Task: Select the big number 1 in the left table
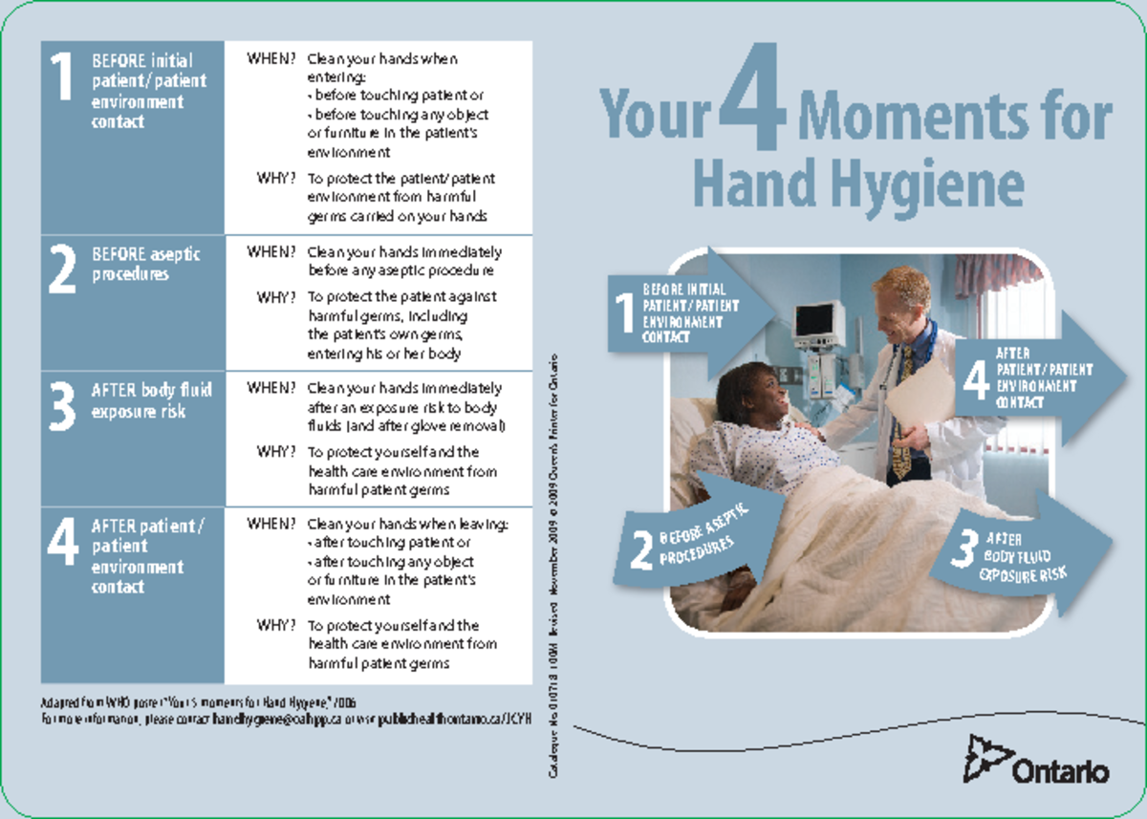coord(62,78)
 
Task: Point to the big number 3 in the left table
coord(62,406)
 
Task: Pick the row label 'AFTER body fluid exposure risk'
coord(151,400)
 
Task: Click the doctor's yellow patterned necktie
coord(901,420)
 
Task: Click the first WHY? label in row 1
coord(275,178)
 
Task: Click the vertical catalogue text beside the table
coord(553,564)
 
